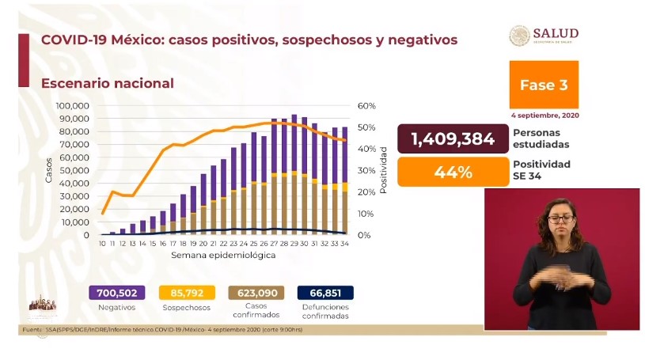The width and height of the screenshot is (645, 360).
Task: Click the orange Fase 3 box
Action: point(543,85)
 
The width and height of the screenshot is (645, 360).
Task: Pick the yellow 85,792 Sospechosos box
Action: point(187,293)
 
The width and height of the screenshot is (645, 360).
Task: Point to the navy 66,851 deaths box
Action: point(325,293)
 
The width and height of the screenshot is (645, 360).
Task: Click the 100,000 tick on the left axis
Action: point(72,105)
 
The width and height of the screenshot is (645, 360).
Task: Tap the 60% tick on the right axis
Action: point(366,105)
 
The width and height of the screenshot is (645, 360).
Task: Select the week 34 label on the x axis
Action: point(344,244)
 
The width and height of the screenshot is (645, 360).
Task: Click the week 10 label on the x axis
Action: point(103,244)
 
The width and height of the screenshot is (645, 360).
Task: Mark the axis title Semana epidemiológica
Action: point(224,256)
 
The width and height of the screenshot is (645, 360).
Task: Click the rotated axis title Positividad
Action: point(383,169)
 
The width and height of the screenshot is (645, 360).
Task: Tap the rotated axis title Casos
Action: point(48,170)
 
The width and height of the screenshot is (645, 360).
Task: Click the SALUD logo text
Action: point(555,33)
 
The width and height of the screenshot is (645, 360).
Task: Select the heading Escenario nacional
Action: point(107,83)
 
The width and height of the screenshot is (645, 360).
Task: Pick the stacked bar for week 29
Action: point(294,175)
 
